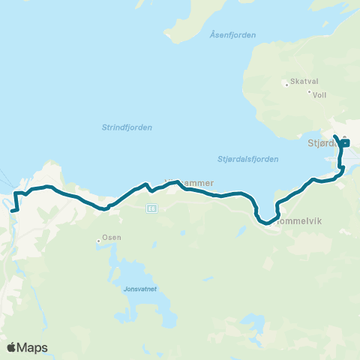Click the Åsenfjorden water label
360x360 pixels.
point(233,35)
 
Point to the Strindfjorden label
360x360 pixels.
point(127,127)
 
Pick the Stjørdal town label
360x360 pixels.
point(322,142)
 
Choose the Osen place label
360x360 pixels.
point(111,238)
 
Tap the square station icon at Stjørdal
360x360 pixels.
point(345,143)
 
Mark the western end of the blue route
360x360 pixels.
point(13,211)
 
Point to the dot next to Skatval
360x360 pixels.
point(286,84)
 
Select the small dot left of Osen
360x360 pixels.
point(98,241)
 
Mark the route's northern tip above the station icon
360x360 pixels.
point(334,136)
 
